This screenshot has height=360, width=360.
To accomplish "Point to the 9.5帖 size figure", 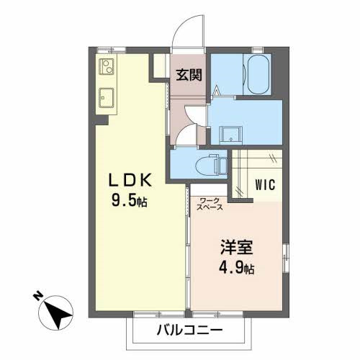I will click(x=130, y=202).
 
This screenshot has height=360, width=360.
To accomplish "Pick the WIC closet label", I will click(x=265, y=185).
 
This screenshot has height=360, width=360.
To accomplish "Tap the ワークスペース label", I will click(x=210, y=203).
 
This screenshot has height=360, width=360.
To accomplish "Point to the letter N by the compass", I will click(x=37, y=295).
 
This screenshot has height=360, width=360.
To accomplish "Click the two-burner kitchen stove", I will click(x=105, y=68).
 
